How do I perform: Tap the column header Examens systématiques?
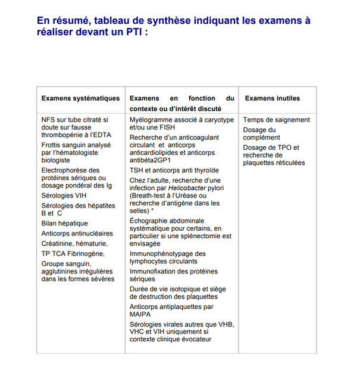(80, 98)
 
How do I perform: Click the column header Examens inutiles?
(273, 98)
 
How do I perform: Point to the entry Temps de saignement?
(277, 120)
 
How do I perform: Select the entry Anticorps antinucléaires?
(77, 233)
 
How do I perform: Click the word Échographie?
(149, 221)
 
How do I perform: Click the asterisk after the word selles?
(153, 211)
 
